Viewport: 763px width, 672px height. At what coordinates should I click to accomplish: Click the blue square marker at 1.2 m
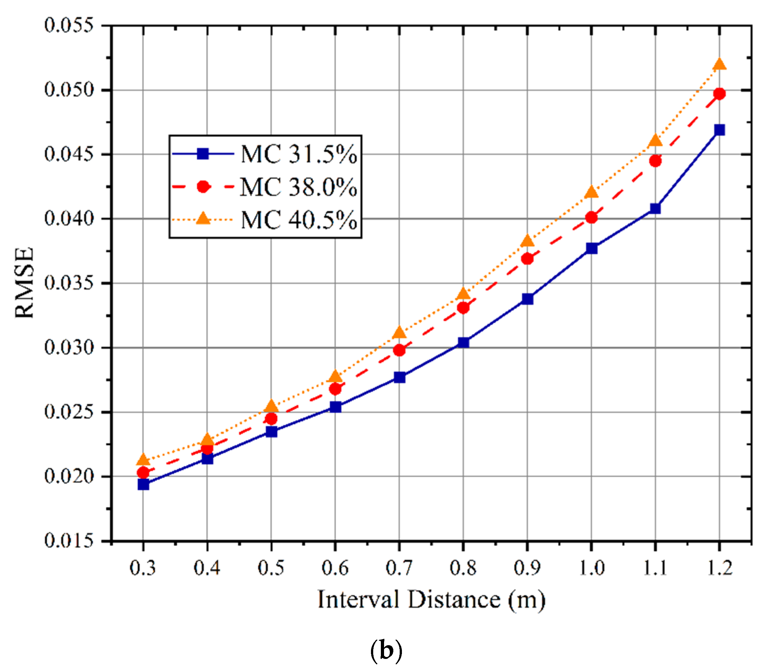[x=719, y=130]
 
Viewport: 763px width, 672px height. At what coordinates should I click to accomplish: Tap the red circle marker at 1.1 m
[x=655, y=161]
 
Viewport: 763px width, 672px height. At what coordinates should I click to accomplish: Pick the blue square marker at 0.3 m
[x=143, y=484]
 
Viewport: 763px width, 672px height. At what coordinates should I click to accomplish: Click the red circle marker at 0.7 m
[x=399, y=350]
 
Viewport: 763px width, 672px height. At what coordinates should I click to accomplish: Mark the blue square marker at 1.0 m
[x=591, y=248]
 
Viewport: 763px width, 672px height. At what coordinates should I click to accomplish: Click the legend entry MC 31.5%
[x=298, y=154]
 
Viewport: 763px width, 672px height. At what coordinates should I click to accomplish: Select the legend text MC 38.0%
[x=298, y=187]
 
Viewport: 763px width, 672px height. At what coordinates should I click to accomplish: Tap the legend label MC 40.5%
[x=298, y=220]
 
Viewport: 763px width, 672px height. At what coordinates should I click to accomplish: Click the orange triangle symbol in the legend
[x=203, y=218]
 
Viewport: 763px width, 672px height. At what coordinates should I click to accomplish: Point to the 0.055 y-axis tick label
[x=69, y=26]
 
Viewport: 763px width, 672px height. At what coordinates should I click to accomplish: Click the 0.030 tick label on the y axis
[x=69, y=347]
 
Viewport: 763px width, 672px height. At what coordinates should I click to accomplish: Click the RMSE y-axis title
[x=25, y=282]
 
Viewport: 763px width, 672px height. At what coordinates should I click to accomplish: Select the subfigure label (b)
[x=386, y=650]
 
